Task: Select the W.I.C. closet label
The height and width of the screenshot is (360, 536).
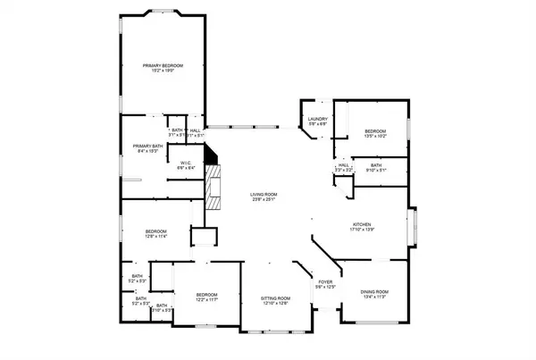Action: (186, 163)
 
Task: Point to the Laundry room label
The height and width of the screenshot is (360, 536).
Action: (318, 119)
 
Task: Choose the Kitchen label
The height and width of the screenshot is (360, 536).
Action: (361, 224)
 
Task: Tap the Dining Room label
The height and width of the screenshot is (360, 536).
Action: (374, 292)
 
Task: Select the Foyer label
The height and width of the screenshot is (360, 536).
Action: (325, 281)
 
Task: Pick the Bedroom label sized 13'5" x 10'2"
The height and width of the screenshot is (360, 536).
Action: (375, 130)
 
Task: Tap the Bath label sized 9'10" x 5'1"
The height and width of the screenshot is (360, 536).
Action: (376, 165)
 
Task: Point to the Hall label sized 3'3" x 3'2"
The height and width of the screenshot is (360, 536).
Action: (344, 165)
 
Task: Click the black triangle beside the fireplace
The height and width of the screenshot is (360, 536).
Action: (211, 154)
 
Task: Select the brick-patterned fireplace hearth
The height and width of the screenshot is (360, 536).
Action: (213, 188)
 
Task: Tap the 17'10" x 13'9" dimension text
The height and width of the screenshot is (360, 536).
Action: (361, 230)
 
